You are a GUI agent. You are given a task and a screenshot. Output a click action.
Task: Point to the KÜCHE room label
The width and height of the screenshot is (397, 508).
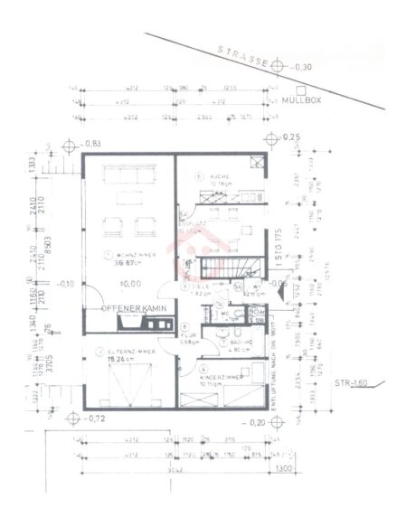222,177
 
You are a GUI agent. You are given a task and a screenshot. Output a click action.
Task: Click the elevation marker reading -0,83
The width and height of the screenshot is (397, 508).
90,145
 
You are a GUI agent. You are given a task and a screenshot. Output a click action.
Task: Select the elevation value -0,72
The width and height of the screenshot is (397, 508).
95,420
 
